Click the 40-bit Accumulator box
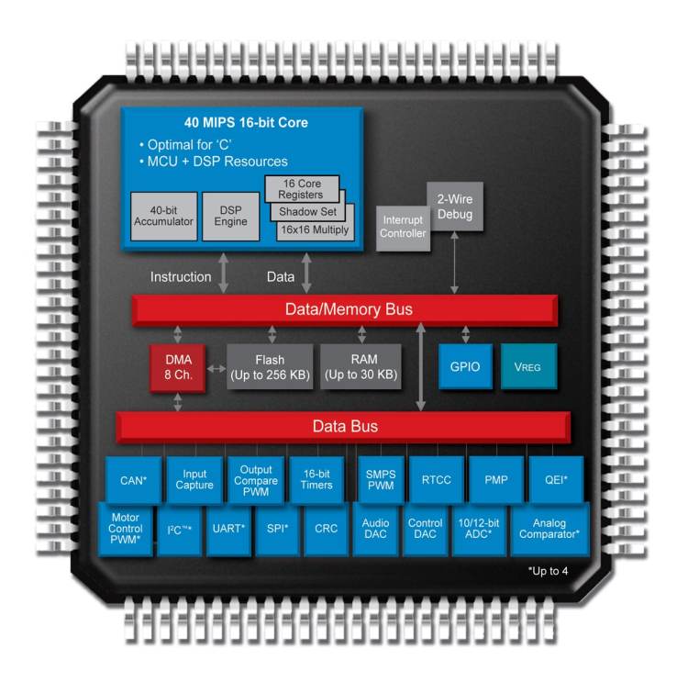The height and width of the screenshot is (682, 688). tap(164, 216)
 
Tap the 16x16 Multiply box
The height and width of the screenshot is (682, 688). tap(313, 229)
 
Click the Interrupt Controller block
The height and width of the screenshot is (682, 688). tap(402, 227)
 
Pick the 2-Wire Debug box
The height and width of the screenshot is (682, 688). tap(454, 207)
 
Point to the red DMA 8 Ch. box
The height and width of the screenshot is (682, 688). tap(178, 367)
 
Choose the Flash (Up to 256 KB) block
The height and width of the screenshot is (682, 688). tap(270, 367)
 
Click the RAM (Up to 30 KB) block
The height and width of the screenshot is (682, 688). tap(361, 367)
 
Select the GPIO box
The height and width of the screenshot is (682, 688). tap(464, 367)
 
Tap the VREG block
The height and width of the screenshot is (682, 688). tap(527, 367)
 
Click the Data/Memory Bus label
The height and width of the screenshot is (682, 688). tap(345, 309)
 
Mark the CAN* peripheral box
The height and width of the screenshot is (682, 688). tap(135, 480)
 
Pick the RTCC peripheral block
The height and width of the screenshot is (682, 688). tap(436, 480)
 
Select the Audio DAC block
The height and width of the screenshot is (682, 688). tap(376, 529)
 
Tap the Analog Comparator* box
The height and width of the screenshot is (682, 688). tap(549, 529)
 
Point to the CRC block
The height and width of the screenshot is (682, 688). tap(327, 530)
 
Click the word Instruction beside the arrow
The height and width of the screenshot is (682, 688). tap(181, 276)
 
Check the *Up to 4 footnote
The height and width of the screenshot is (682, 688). tap(548, 571)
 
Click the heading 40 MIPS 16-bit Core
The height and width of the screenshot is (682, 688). tap(245, 122)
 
